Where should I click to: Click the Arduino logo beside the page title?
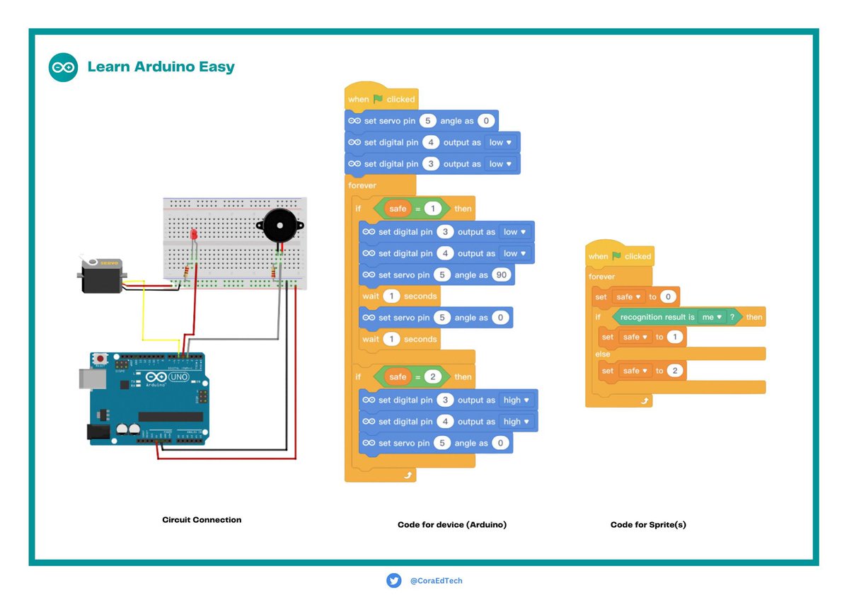pyautogui.click(x=63, y=67)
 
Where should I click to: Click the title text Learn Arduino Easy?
pyautogui.click(x=161, y=67)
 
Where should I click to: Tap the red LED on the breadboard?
pyautogui.click(x=194, y=234)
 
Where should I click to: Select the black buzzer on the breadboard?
pyautogui.click(x=280, y=225)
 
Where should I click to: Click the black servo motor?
pyautogui.click(x=102, y=275)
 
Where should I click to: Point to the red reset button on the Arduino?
pyautogui.click(x=100, y=359)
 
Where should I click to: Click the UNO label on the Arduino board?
pyautogui.click(x=179, y=376)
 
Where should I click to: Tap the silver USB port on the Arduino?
pyautogui.click(x=93, y=379)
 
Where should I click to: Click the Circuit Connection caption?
pyautogui.click(x=202, y=519)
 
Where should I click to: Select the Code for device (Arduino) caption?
pyautogui.click(x=452, y=524)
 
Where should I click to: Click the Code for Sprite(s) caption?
pyautogui.click(x=648, y=524)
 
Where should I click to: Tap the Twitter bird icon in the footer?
pyautogui.click(x=394, y=581)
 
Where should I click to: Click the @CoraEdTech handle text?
pyautogui.click(x=437, y=581)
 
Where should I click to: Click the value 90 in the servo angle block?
pyautogui.click(x=501, y=275)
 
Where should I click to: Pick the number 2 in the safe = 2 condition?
pyautogui.click(x=432, y=376)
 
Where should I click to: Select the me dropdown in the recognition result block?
pyautogui.click(x=712, y=317)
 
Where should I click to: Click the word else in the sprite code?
pyautogui.click(x=603, y=354)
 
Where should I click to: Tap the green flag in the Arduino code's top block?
pyautogui.click(x=378, y=99)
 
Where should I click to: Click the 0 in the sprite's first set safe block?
pyautogui.click(x=668, y=296)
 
